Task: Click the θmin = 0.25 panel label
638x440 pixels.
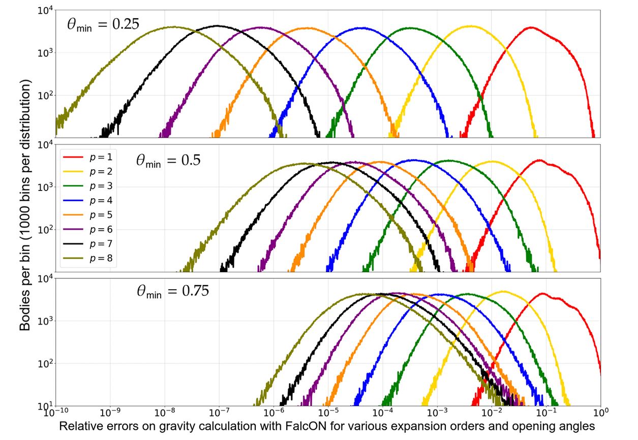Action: [x=103, y=24]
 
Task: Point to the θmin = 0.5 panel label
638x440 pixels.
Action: [x=168, y=160]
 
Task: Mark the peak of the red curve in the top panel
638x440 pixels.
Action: [x=531, y=27]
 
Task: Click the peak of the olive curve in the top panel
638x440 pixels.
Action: [x=173, y=27]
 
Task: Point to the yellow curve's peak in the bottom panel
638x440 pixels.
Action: [x=503, y=291]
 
